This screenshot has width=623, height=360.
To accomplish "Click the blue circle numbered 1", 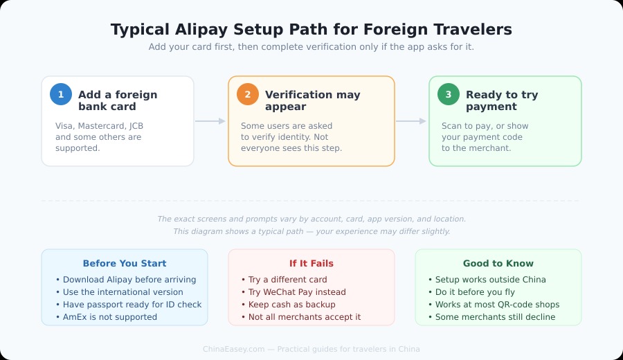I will coord(61,94).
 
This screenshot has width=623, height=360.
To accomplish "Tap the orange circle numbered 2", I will coord(248,94).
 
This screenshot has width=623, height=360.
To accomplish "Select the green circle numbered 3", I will coord(449,94).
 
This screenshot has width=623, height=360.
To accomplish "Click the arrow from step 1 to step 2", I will coord(210,121).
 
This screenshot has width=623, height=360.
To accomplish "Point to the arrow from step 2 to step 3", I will coord(411,121).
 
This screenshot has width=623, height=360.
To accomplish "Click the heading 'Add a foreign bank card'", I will coord(118,100).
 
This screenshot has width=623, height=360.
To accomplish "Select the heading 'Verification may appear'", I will coord(312,100).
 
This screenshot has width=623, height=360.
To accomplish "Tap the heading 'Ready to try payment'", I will coord(502,100).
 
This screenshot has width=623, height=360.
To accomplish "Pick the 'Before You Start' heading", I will coord(125,264).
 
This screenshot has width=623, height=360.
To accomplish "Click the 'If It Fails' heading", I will coord(311,264).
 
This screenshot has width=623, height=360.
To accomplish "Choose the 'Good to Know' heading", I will coord(498,264).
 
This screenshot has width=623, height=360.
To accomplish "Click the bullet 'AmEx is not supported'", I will coord(110,317).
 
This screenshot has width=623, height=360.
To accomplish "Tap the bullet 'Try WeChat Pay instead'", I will coord(297,292).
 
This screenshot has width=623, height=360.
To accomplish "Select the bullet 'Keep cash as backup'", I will coord(291,305).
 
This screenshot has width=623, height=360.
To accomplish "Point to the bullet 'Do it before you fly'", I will coord(474,292).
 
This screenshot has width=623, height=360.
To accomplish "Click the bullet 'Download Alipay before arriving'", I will coord(129,280).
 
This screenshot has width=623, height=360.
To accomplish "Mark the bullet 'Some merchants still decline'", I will coord(495,317).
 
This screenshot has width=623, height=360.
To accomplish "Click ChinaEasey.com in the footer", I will coord(234,349).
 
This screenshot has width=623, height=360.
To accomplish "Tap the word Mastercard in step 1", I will coord(103,126).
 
